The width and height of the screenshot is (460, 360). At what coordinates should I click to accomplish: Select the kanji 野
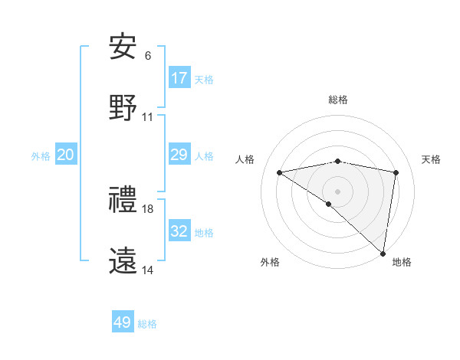[x=123, y=108]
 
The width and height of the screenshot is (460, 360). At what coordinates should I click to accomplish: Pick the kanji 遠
[x=123, y=261]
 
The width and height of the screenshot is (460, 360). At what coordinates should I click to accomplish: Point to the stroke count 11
[x=148, y=117]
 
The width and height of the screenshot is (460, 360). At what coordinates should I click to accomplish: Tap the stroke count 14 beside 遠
[x=148, y=270]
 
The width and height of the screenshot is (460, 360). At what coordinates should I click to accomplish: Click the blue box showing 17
[x=179, y=78]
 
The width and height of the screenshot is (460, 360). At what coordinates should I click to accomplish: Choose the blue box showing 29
[x=179, y=155]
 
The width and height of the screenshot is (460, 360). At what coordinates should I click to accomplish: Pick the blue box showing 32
[x=179, y=231]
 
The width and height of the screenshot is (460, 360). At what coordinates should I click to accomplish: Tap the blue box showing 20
[x=66, y=155]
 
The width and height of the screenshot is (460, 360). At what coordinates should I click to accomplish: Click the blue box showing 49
[x=123, y=322]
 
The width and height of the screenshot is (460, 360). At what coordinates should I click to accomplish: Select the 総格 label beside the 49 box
[x=147, y=324]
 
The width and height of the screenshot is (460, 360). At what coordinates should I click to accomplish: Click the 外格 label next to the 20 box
[x=41, y=156]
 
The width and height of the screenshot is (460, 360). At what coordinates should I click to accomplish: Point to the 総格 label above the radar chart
[x=338, y=100]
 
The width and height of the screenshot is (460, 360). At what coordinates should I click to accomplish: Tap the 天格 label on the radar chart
[x=432, y=159]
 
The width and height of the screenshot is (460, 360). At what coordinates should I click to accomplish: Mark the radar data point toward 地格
[x=383, y=253]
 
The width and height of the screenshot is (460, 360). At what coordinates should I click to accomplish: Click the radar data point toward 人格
[x=280, y=172]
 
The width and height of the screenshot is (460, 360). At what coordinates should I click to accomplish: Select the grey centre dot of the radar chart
[x=337, y=191]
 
